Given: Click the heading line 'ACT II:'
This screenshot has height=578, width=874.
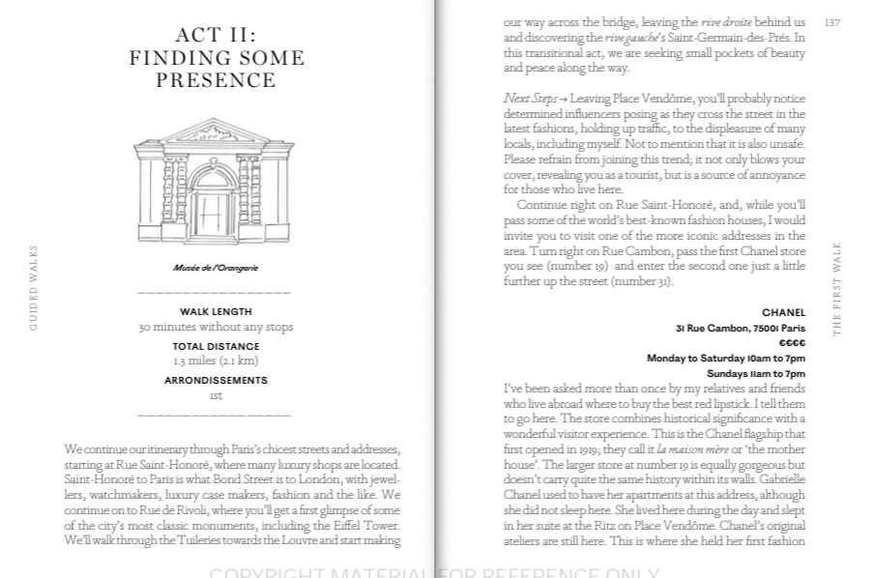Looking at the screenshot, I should pyautogui.click(x=217, y=36).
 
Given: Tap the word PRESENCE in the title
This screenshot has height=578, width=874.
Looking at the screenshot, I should pyautogui.click(x=217, y=80).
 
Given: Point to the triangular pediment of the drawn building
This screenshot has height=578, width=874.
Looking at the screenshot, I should pyautogui.click(x=213, y=133).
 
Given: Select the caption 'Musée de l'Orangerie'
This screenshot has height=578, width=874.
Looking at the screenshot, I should pyautogui.click(x=216, y=268).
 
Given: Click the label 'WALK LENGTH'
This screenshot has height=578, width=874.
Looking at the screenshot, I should pyautogui.click(x=216, y=312).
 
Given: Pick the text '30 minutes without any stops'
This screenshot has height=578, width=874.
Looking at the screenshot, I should pyautogui.click(x=216, y=327).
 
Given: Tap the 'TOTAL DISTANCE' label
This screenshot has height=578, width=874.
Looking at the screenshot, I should pyautogui.click(x=216, y=346).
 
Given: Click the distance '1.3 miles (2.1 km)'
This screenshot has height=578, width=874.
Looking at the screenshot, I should pyautogui.click(x=216, y=361).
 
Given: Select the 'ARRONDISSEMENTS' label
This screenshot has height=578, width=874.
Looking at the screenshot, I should pyautogui.click(x=216, y=381).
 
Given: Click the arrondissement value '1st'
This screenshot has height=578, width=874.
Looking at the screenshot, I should pyautogui.click(x=216, y=395).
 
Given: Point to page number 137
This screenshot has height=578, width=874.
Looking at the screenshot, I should pyautogui.click(x=831, y=22).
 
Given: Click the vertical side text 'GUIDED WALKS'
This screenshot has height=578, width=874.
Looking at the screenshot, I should pyautogui.click(x=34, y=288).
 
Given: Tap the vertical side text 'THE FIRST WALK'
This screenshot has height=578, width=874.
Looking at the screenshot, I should pyautogui.click(x=837, y=288).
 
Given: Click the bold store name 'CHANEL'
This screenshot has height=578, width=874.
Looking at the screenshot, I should pyautogui.click(x=783, y=313).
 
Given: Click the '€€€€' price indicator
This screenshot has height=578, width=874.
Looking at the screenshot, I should pyautogui.click(x=792, y=343).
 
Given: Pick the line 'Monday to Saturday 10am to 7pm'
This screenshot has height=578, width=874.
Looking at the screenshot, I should pyautogui.click(x=725, y=359).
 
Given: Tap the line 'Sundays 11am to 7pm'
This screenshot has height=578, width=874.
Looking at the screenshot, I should pyautogui.click(x=755, y=374).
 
